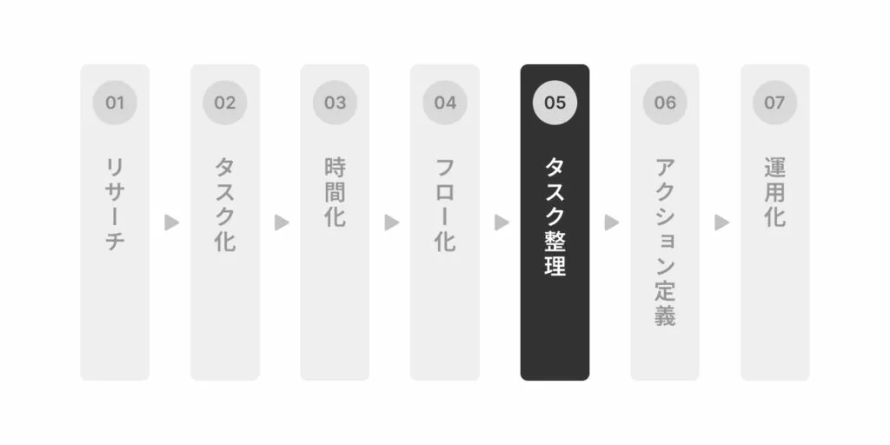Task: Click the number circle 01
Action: click(115, 103)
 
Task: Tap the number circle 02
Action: click(225, 103)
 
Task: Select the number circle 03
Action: click(335, 103)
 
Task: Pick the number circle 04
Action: click(445, 103)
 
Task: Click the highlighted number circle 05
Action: click(555, 103)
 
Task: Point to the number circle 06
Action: click(665, 103)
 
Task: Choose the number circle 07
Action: click(775, 103)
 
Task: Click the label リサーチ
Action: click(115, 204)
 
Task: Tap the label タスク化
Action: click(225, 204)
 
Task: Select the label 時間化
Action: click(335, 192)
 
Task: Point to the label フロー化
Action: click(445, 204)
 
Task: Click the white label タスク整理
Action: click(555, 216)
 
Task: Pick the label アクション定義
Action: click(665, 242)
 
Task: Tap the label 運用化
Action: click(775, 192)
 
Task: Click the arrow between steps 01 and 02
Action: click(171, 222)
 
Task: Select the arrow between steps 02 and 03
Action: click(282, 222)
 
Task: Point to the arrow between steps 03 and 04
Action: click(392, 222)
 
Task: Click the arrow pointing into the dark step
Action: click(501, 222)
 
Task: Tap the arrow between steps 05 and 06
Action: click(612, 222)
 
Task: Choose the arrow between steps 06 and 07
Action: click(722, 222)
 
